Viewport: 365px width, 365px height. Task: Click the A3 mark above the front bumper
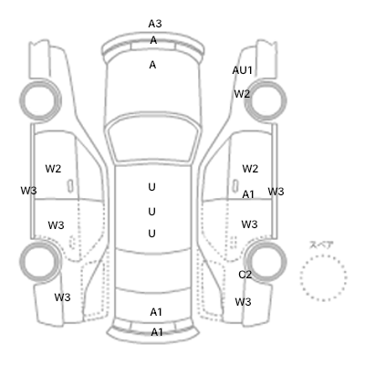pyautogui.click(x=155, y=24)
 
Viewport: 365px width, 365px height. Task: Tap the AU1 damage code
pyautogui.click(x=243, y=70)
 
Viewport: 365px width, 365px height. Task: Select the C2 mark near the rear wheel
pyautogui.click(x=245, y=275)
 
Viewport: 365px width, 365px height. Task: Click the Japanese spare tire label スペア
pyautogui.click(x=321, y=245)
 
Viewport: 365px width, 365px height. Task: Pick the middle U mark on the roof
pyautogui.click(x=151, y=212)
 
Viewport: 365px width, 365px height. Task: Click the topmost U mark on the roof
pyautogui.click(x=151, y=187)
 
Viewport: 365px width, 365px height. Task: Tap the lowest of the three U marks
pyautogui.click(x=151, y=234)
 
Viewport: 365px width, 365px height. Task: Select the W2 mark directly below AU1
pyautogui.click(x=242, y=94)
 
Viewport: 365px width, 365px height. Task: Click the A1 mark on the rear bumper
pyautogui.click(x=157, y=332)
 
